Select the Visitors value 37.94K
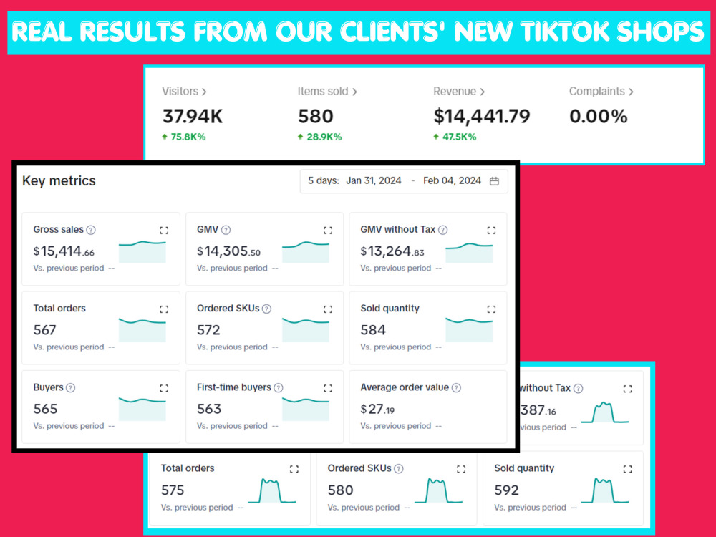point(192,117)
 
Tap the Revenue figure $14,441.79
point(482,117)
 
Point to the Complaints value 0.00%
point(598,117)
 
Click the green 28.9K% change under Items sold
point(324,137)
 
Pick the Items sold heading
point(323,92)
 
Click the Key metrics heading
point(59,181)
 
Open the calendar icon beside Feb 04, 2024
point(494,181)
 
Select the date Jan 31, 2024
point(374,181)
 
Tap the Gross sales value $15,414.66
point(64,251)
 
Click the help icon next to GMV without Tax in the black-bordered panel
point(443,230)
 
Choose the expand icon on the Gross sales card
point(164,230)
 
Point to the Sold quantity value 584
point(373,329)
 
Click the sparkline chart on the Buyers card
point(142,409)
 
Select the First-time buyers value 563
point(209,409)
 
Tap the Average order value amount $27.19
point(377,409)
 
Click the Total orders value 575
point(173,490)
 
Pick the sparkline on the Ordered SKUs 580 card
point(438,491)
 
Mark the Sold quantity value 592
point(506,490)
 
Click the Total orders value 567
point(44,329)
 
